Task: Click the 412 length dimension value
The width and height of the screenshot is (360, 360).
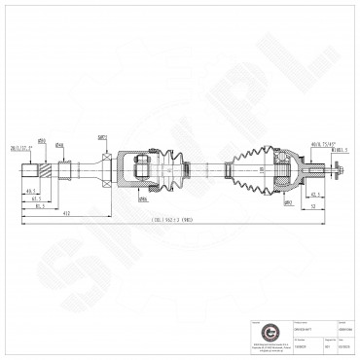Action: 65,212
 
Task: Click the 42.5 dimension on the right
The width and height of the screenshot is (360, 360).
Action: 315,195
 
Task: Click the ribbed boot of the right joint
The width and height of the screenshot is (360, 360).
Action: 247,170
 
